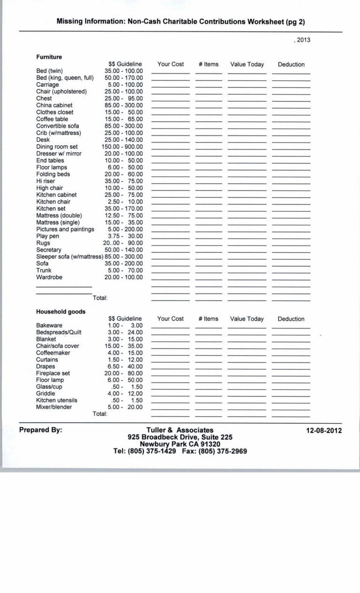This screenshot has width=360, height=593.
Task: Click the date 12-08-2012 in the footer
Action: point(324,430)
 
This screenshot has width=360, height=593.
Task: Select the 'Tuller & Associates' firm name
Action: point(180,430)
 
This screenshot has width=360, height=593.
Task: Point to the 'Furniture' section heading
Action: point(49,57)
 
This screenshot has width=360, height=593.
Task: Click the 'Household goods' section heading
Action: point(60,312)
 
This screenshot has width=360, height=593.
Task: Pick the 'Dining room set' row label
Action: point(57,147)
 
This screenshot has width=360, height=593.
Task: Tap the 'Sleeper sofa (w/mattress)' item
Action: point(69,257)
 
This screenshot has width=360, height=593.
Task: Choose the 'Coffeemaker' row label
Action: point(53,353)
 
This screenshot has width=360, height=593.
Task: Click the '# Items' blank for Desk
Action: point(209,141)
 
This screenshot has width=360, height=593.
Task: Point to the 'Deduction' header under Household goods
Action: point(291,319)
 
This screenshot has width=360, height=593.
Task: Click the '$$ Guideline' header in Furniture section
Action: point(125,64)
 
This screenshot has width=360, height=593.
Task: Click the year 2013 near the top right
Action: point(302,40)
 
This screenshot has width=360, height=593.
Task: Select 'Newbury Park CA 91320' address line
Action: point(180,444)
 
